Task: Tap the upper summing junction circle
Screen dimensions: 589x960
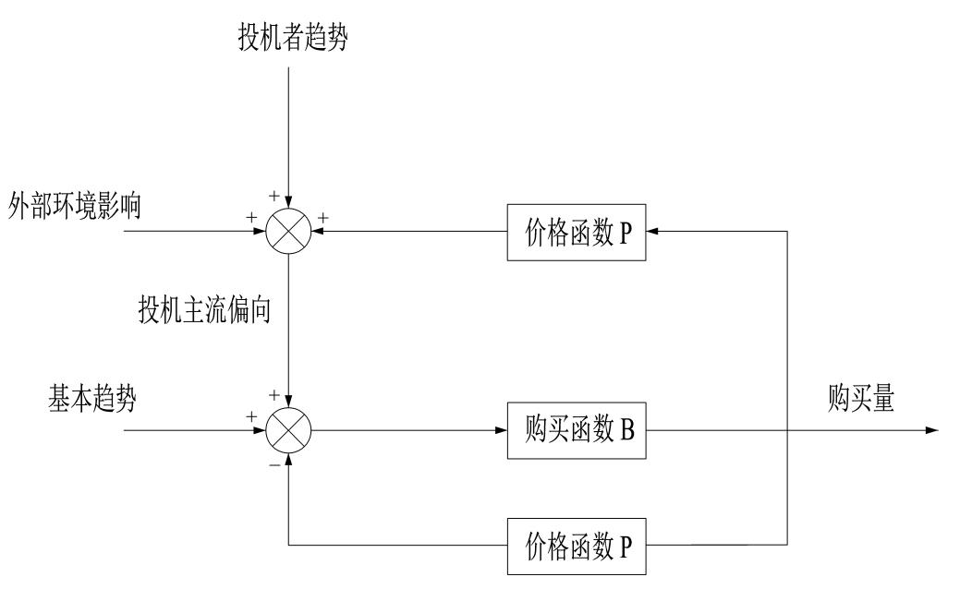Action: [289, 231]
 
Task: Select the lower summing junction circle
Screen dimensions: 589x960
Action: [289, 430]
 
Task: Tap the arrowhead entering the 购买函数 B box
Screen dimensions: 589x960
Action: [501, 430]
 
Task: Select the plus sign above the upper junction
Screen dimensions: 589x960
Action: [274, 196]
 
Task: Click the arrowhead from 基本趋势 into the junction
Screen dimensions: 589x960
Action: [261, 430]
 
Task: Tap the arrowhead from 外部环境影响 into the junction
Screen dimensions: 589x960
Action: [261, 231]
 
